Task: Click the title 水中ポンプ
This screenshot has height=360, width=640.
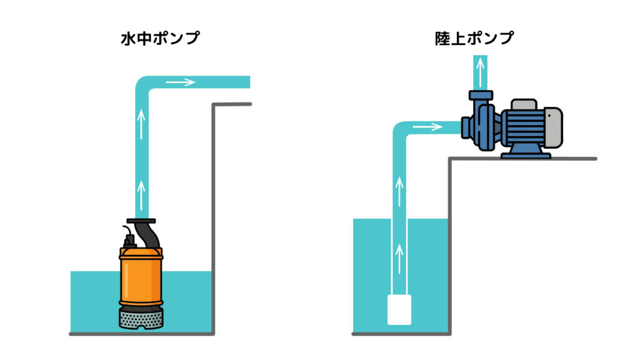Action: (x=160, y=38)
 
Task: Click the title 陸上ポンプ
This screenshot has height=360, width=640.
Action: (x=474, y=38)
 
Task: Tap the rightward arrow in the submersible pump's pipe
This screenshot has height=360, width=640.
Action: (x=181, y=82)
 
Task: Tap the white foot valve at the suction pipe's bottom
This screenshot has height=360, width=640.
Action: (x=399, y=309)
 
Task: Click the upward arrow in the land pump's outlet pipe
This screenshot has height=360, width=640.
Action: (x=479, y=74)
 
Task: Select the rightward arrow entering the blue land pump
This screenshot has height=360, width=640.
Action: (x=427, y=127)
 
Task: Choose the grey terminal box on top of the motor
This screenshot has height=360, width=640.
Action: (x=523, y=104)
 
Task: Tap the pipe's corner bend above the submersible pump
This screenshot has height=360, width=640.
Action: (x=145, y=86)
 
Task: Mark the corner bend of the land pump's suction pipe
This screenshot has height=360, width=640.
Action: (x=401, y=132)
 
